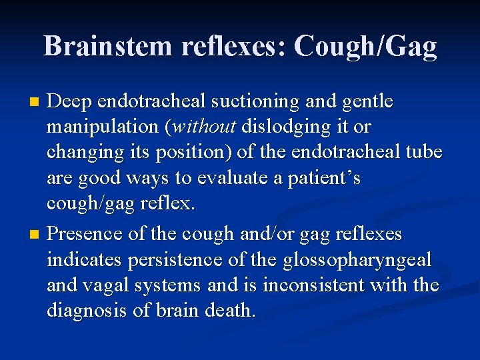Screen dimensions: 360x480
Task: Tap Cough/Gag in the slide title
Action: click(x=365, y=46)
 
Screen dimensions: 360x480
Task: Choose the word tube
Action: click(x=422, y=153)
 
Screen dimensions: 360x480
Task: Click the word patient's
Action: click(x=324, y=179)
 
